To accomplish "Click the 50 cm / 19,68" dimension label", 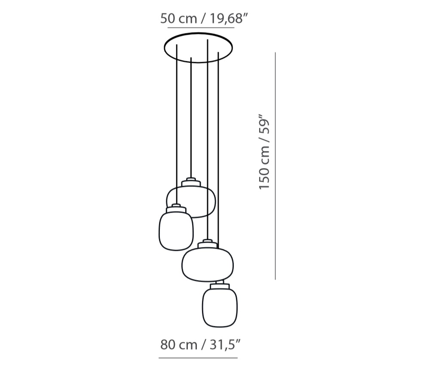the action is (204, 18).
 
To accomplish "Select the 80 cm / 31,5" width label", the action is (201, 344).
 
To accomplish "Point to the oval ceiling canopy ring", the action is (198, 33).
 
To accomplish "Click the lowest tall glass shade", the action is (220, 308).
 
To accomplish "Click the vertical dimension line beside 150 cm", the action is (275, 166).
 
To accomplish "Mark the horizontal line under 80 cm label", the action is (198, 358).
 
